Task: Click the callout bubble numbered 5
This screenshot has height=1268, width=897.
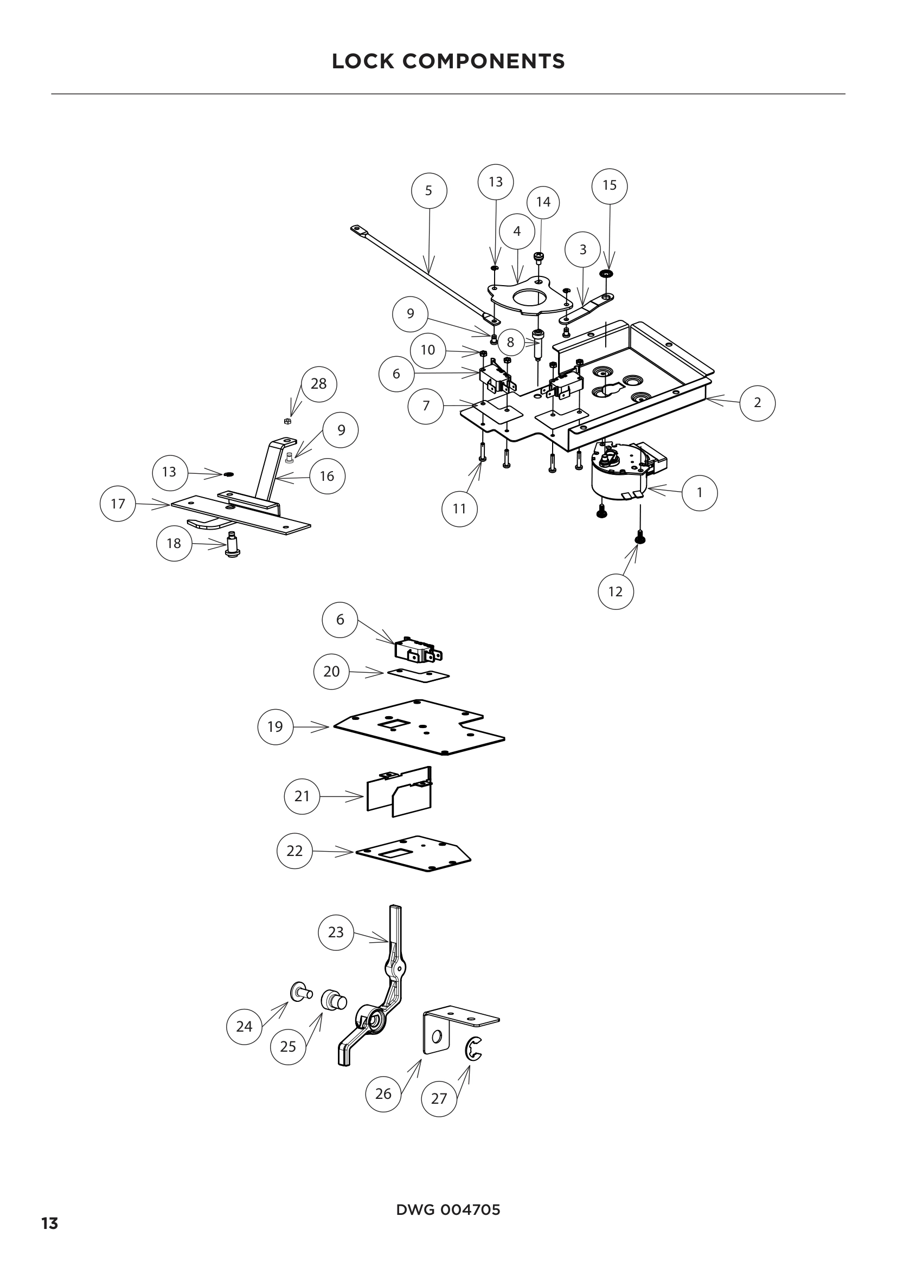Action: pyautogui.click(x=429, y=190)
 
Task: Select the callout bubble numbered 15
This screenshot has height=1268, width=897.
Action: pyautogui.click(x=609, y=185)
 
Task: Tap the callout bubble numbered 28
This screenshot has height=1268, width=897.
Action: pyautogui.click(x=319, y=383)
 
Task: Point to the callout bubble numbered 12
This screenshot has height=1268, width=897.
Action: pyautogui.click(x=616, y=591)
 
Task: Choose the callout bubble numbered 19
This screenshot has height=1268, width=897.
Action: pyautogui.click(x=275, y=727)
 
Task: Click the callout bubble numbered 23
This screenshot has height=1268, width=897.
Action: pyautogui.click(x=336, y=932)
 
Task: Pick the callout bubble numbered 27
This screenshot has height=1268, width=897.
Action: pyautogui.click(x=439, y=1098)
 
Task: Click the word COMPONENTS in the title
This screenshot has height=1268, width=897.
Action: pyautogui.click(x=483, y=61)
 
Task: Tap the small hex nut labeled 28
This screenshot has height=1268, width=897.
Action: pyautogui.click(x=287, y=421)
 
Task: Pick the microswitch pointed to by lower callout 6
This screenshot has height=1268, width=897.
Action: pyautogui.click(x=418, y=651)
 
